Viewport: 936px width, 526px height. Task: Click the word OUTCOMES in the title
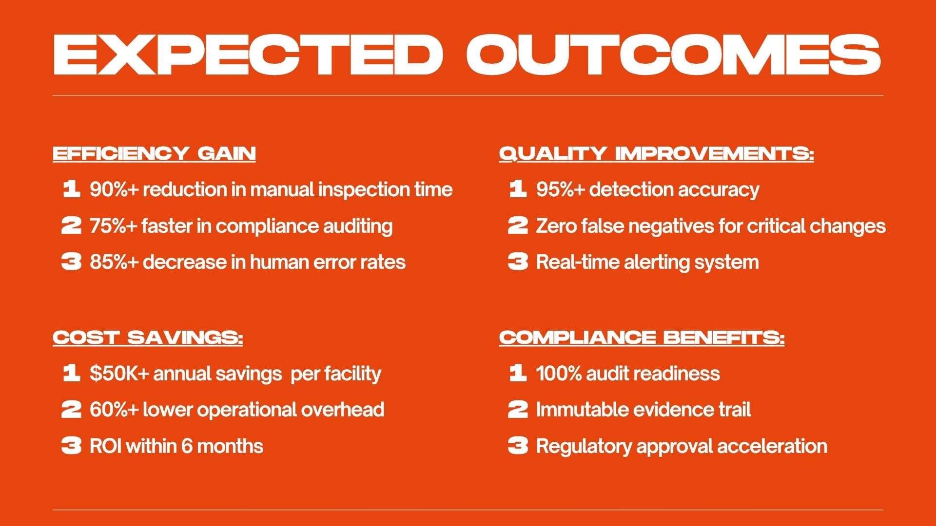674,55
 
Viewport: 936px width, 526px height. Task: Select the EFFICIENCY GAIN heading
154,153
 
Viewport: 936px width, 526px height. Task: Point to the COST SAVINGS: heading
148,338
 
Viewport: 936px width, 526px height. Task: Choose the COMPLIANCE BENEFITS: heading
642,338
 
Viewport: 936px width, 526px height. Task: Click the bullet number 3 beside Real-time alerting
518,262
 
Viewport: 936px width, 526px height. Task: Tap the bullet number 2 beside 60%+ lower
71,410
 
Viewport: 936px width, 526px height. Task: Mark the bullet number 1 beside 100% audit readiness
518,373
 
